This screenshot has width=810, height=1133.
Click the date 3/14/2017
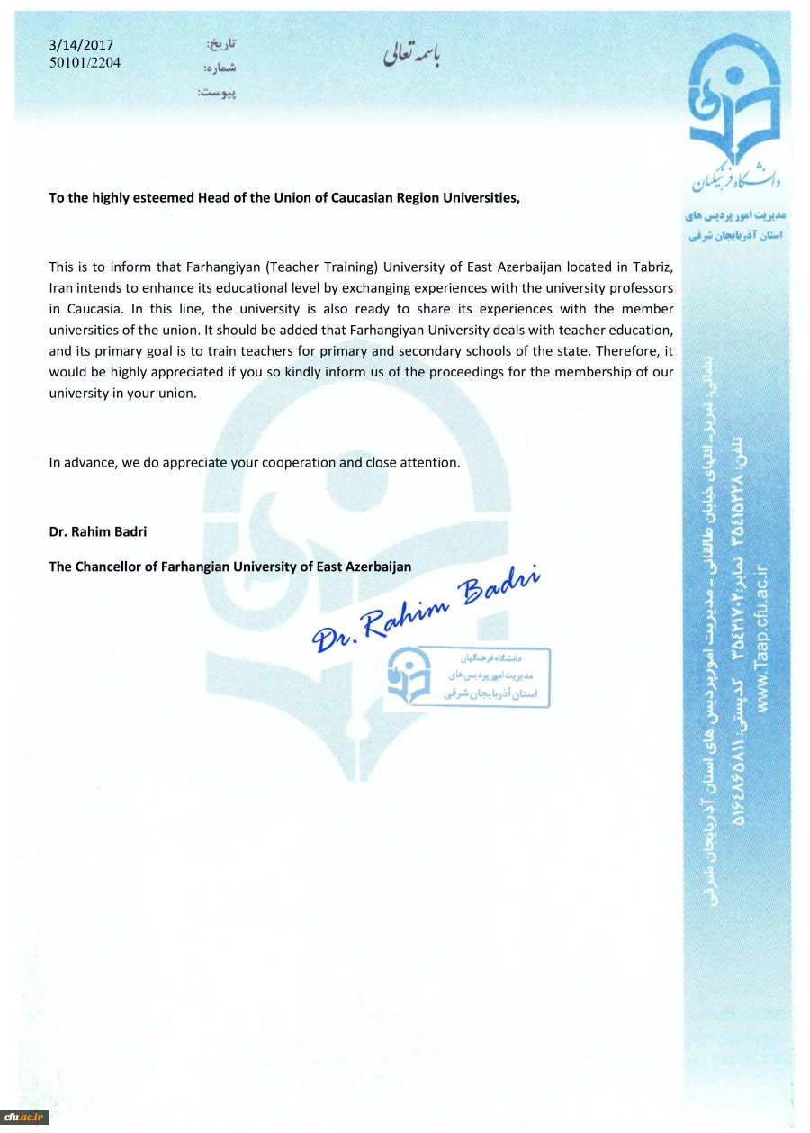pyautogui.click(x=81, y=45)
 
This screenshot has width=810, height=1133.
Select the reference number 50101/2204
pyautogui.click(x=85, y=62)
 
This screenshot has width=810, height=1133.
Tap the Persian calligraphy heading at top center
pyautogui.click(x=412, y=55)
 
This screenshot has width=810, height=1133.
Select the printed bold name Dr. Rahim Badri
pyautogui.click(x=97, y=531)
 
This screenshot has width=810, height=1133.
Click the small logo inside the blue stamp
pyautogui.click(x=410, y=676)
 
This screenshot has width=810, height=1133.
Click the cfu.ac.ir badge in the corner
pyautogui.click(x=24, y=1117)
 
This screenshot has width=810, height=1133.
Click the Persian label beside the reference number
pyautogui.click(x=219, y=68)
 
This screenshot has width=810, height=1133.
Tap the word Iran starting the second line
pyautogui.click(x=61, y=287)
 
